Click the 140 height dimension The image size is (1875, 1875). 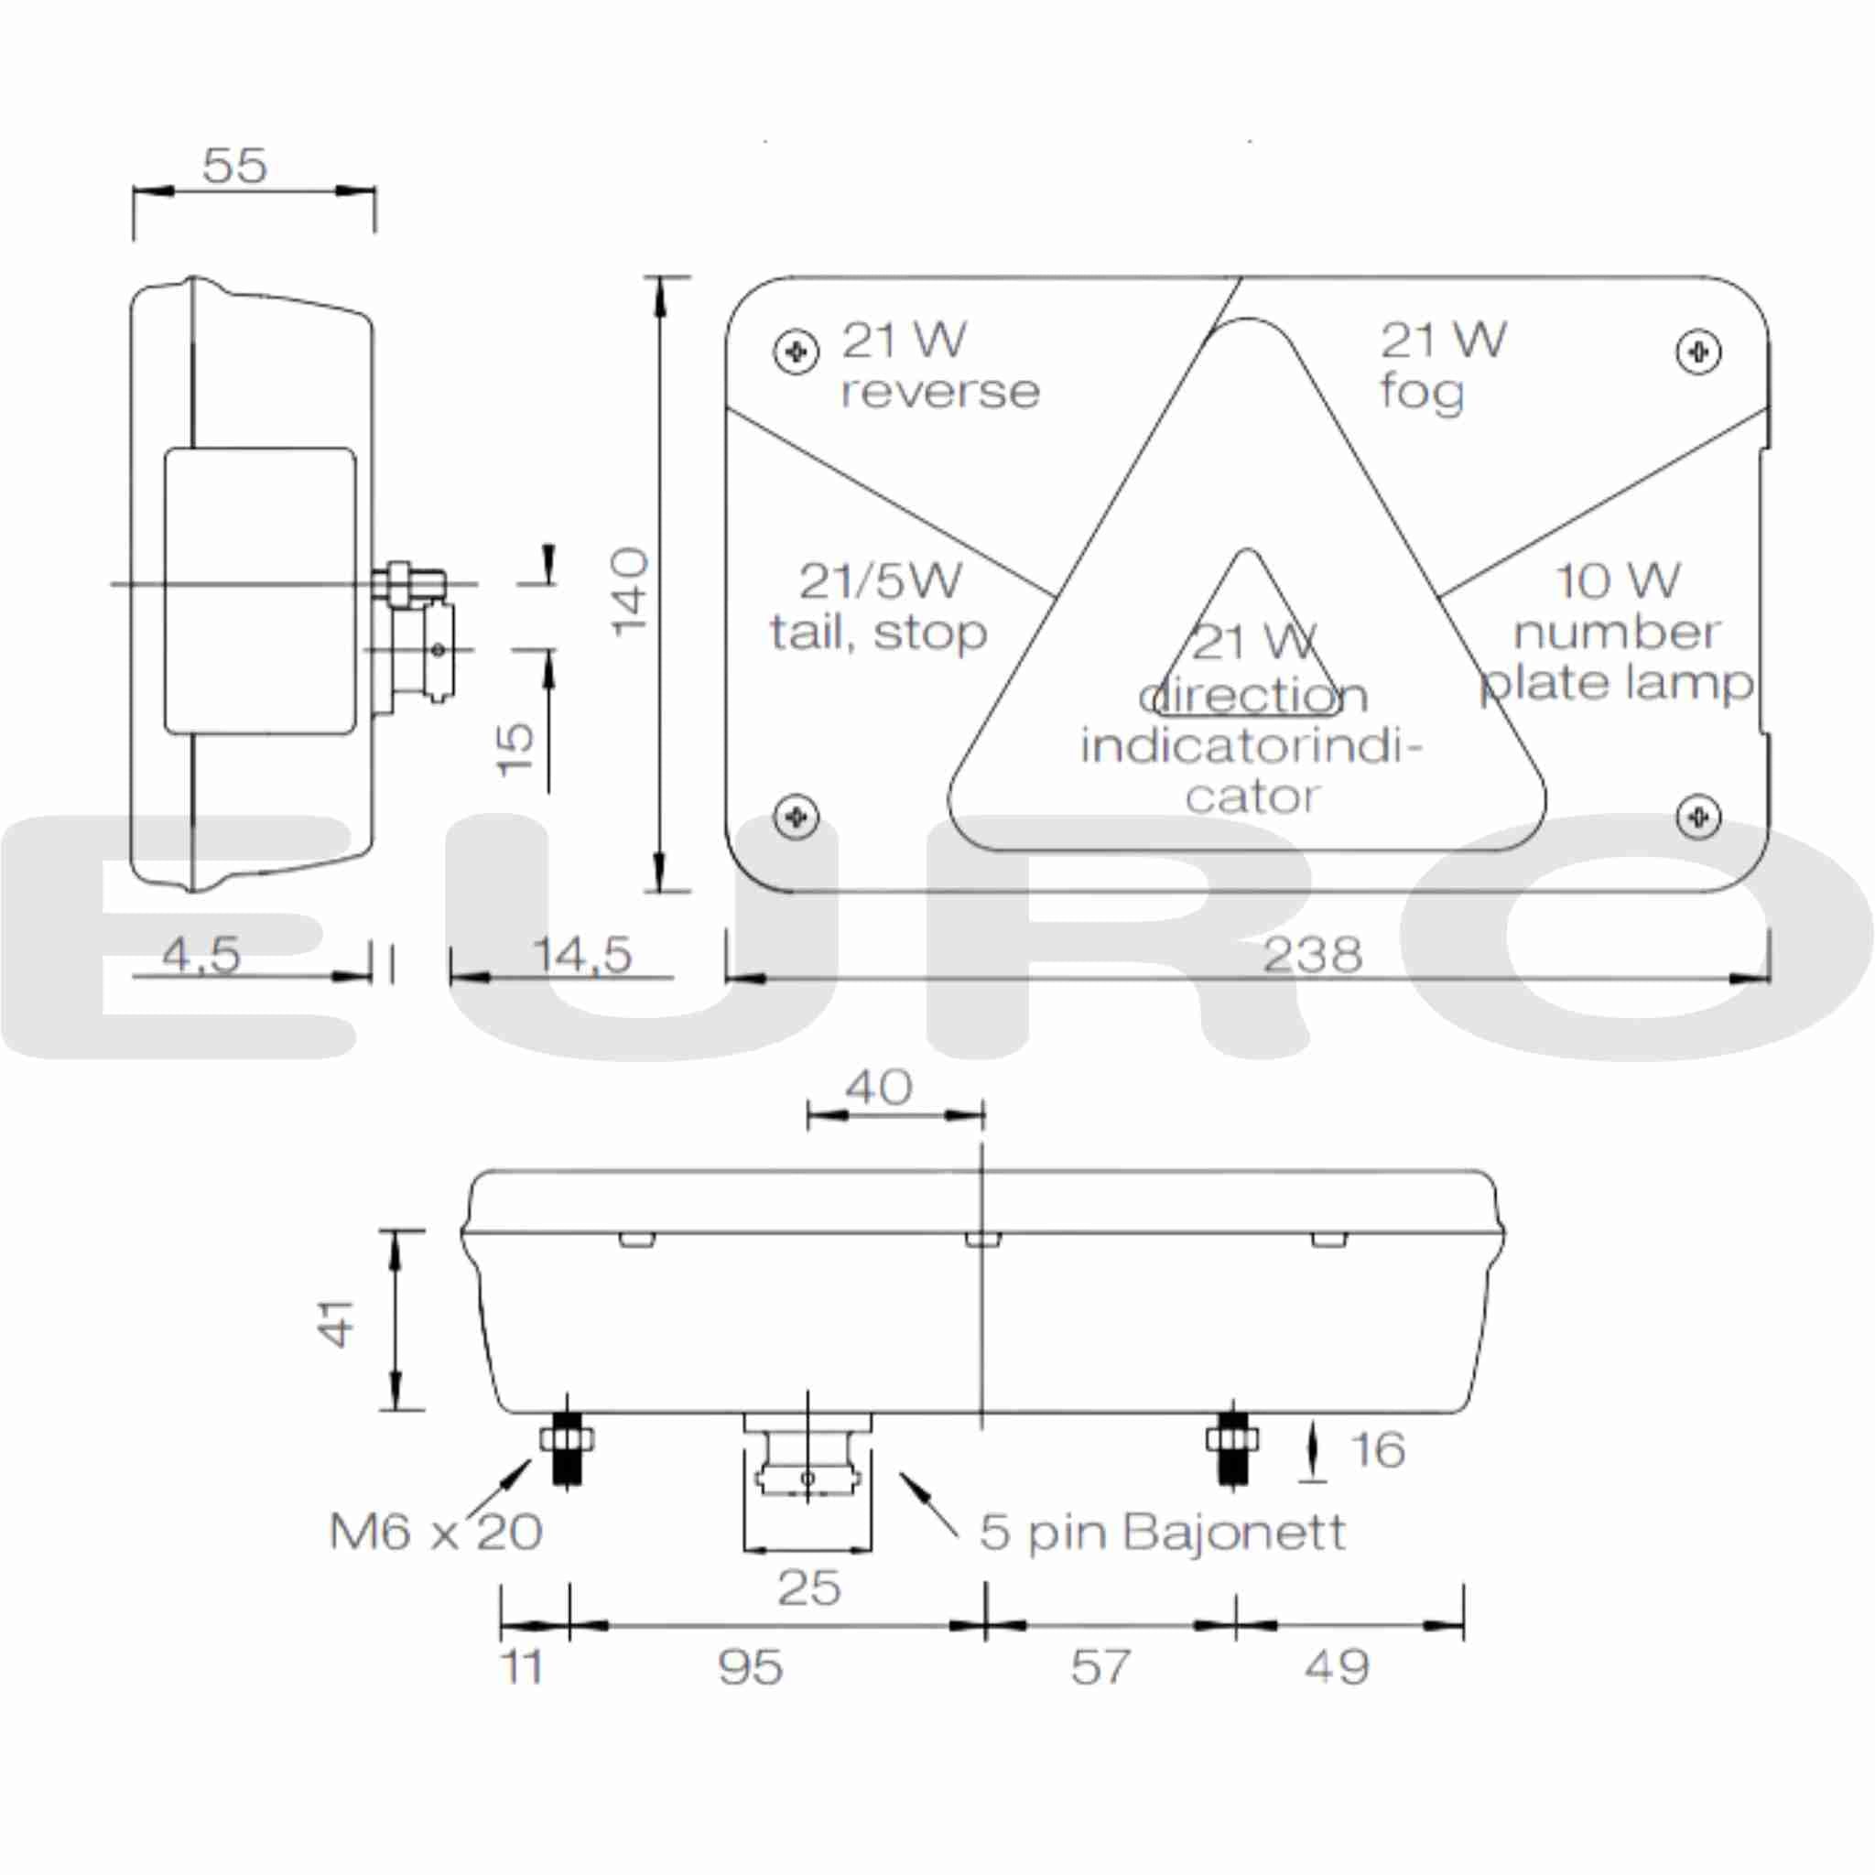pos(630,591)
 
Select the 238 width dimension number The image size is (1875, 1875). pos(1312,956)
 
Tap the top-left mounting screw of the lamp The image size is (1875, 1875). pos(796,352)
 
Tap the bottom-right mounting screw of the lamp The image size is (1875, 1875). pos(1697,816)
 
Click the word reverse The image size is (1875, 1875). pos(939,392)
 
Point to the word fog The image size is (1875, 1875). pos(1422,392)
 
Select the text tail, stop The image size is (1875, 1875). pos(878,634)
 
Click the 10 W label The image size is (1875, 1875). pos(1617,581)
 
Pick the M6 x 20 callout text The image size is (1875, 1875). pos(436,1533)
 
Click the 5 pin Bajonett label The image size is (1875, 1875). pos(1162,1533)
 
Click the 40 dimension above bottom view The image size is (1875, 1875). pos(878,1088)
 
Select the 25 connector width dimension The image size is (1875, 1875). pos(808,1588)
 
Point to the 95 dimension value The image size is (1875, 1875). pos(750,1667)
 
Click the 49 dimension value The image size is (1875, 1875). pos(1337,1667)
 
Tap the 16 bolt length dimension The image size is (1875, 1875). pos(1377,1450)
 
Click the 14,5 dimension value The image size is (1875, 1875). pos(582,955)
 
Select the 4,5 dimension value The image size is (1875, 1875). pos(201,955)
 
